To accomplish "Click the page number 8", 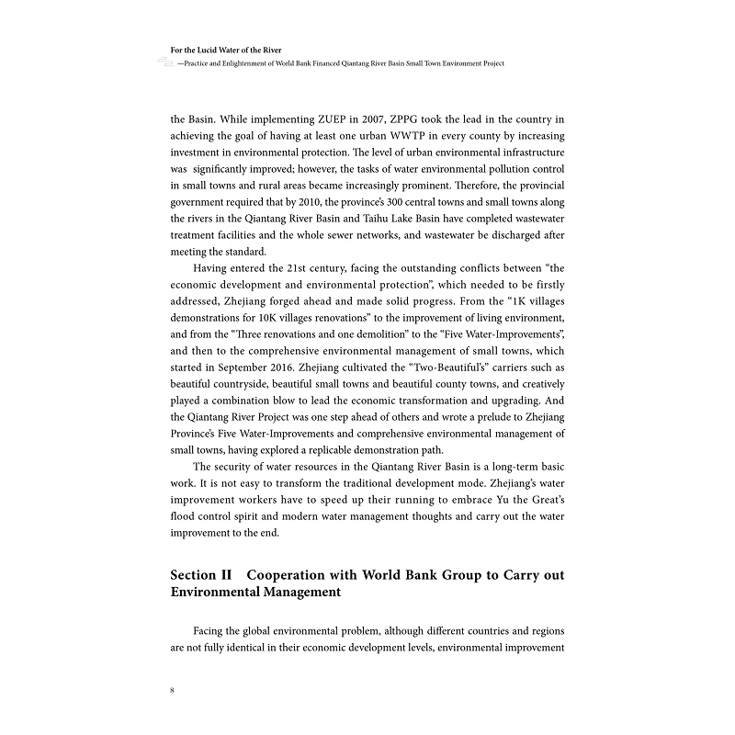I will tap(173, 689).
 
